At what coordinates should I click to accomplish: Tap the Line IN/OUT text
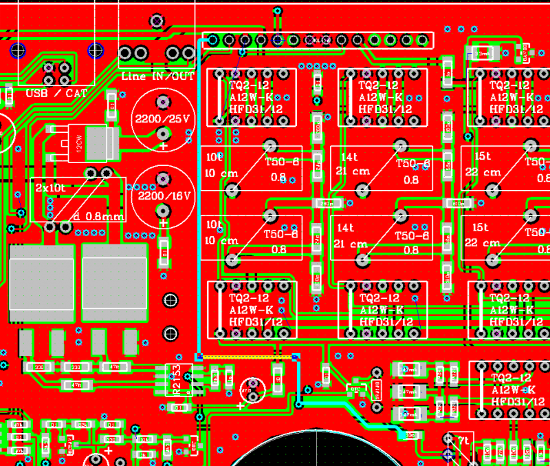157,76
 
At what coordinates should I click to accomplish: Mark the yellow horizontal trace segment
247,357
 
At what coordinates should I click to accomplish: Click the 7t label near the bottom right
464,439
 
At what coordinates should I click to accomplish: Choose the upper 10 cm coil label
219,172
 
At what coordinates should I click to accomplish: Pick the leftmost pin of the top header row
213,41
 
